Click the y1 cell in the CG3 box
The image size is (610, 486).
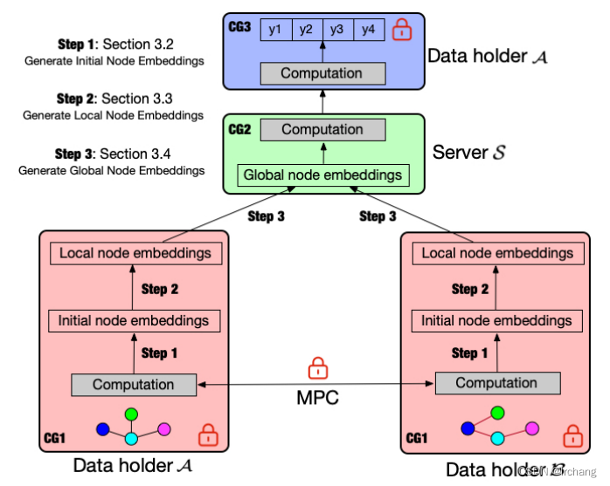(275, 30)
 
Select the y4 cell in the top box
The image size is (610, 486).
(369, 30)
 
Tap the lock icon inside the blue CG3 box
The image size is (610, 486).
(402, 29)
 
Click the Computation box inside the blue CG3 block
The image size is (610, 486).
(322, 74)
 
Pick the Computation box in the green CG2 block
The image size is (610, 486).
(322, 130)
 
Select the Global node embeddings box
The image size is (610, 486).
(322, 175)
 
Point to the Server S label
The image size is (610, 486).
(468, 153)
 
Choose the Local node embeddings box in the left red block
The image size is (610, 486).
(135, 254)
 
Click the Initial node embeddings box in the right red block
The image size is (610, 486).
(496, 321)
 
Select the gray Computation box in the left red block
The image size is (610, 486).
(134, 385)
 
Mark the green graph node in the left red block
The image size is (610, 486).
(131, 414)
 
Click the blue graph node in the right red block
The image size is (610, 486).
(468, 428)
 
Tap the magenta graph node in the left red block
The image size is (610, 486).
(163, 429)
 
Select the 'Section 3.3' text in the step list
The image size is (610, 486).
(137, 99)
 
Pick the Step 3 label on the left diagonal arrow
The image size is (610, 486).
(267, 216)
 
